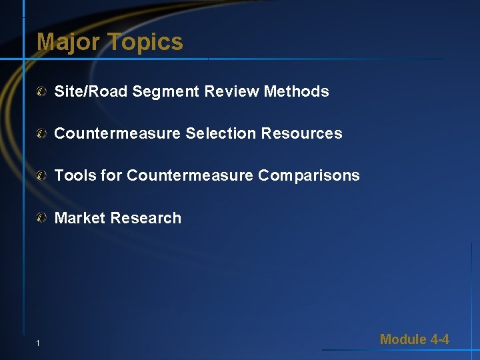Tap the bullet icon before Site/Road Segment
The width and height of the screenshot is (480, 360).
tap(42, 91)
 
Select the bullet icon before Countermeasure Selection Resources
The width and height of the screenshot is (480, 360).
tap(42, 133)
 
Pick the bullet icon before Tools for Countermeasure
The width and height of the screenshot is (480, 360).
tap(42, 176)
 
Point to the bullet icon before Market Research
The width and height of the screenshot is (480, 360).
tap(42, 218)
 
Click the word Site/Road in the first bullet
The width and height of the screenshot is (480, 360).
tap(91, 91)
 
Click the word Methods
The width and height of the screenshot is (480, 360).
tap(297, 91)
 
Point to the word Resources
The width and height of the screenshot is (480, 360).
tap(301, 133)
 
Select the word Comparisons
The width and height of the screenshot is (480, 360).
tap(309, 175)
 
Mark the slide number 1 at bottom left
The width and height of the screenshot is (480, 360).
tap(39, 343)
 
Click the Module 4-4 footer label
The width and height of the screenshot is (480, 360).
tap(414, 339)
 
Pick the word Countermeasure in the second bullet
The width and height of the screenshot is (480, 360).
tap(117, 133)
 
